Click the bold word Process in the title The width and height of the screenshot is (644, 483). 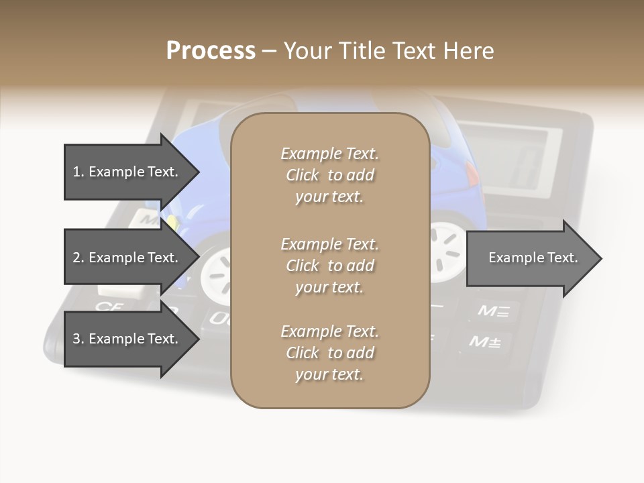tap(210, 51)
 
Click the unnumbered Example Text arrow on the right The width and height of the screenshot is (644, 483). tap(533, 258)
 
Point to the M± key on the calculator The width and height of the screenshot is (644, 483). tap(484, 342)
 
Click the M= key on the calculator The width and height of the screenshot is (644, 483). tap(493, 311)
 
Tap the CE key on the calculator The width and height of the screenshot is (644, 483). tap(108, 307)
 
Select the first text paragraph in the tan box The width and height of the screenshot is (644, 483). tap(329, 175)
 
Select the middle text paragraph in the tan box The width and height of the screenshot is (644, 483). tap(329, 266)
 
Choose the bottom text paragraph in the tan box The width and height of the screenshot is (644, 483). tap(329, 353)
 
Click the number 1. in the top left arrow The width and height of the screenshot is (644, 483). tap(78, 172)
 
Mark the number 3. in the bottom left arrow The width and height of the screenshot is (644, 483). tap(78, 339)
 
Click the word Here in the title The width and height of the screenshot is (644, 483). tap(472, 51)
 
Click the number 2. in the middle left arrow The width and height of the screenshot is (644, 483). tap(78, 258)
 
